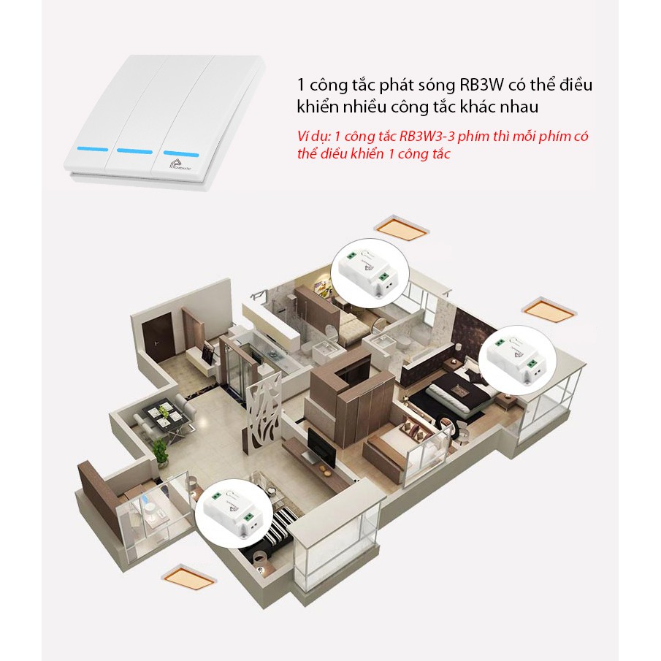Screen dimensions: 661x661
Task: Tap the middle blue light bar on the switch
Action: click(134, 152)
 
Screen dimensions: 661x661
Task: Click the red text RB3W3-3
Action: click(407, 137)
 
